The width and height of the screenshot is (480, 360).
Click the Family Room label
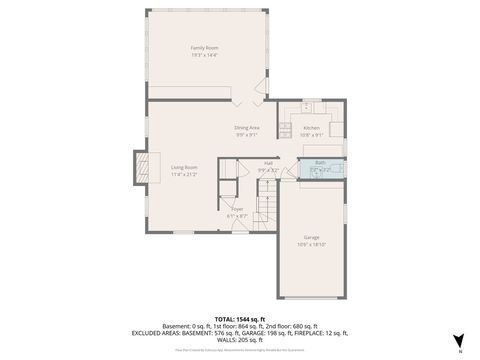tap(205, 48)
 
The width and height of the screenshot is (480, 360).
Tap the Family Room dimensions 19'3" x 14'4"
tap(205, 55)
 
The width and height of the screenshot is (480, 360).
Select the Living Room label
tap(184, 167)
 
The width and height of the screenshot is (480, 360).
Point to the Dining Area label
tap(247, 127)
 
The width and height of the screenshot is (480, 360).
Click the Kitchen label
tap(311, 128)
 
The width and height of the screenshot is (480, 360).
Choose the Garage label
tap(311, 237)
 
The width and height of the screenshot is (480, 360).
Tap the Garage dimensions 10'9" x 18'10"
tap(311, 244)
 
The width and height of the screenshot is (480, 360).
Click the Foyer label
tap(237, 208)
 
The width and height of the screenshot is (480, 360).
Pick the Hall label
tap(269, 163)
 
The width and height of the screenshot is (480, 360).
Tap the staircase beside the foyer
tap(264, 211)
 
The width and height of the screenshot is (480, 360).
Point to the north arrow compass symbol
tap(458, 342)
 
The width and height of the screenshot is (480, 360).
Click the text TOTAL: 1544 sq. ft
tap(239, 319)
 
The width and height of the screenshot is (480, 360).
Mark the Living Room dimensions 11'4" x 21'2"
tap(184, 174)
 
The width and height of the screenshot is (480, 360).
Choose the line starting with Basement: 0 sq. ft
tap(239, 326)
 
